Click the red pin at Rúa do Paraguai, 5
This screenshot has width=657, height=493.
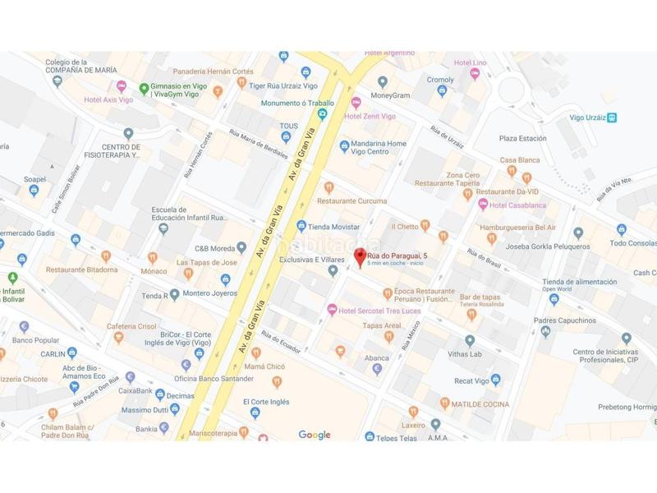click(x=359, y=256)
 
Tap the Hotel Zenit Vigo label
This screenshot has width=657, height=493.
click(x=370, y=117)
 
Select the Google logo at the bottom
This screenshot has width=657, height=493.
click(x=314, y=435)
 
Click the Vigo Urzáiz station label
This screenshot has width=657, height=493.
click(x=593, y=117)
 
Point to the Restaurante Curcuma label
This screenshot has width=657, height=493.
click(x=351, y=200)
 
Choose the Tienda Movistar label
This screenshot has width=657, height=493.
click(x=333, y=225)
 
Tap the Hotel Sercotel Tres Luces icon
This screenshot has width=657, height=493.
click(x=332, y=309)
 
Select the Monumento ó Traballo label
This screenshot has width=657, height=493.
click(x=297, y=104)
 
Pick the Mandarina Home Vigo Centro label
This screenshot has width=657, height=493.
click(x=378, y=148)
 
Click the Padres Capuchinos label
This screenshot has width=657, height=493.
click(x=564, y=320)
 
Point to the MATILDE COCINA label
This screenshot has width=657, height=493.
click(x=480, y=403)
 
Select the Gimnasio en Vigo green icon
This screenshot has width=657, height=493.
click(x=144, y=89)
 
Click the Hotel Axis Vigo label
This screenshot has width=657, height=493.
click(x=108, y=99)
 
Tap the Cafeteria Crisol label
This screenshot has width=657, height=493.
click(x=131, y=326)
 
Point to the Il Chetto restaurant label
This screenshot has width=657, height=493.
click(x=406, y=226)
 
